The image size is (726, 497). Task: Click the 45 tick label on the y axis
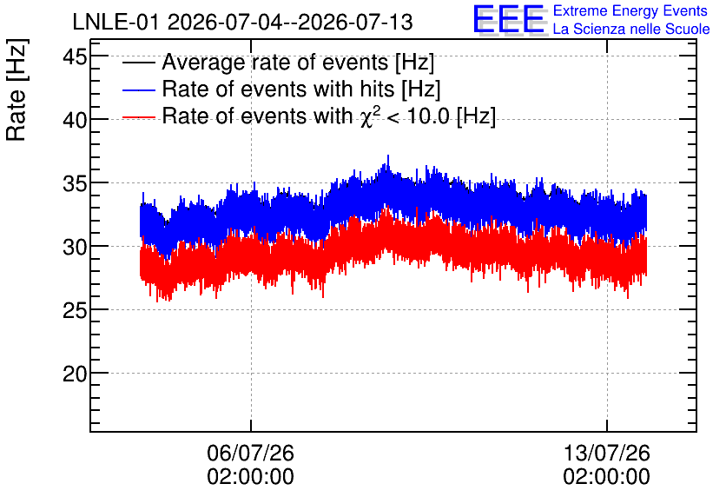[75, 58]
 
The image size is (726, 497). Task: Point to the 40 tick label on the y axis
[75, 121]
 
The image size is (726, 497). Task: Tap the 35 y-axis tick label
[75, 184]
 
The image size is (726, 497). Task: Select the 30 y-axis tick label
[75, 248]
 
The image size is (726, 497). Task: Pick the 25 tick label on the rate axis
[75, 311]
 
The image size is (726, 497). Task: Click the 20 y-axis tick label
[75, 374]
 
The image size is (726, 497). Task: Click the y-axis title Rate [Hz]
[16, 90]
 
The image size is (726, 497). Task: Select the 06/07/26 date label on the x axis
[250, 453]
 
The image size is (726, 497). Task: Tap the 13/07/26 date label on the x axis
[606, 453]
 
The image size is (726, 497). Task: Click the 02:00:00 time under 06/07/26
[250, 477]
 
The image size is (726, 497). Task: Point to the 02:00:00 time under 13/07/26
[606, 477]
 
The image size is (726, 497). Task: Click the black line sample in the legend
[138, 62]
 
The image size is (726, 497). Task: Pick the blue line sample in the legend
[138, 89]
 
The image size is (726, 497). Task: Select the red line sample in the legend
[138, 116]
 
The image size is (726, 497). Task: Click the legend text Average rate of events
[275, 62]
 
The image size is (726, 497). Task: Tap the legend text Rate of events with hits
[278, 89]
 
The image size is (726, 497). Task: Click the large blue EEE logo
[508, 19]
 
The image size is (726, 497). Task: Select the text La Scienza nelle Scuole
[631, 30]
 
